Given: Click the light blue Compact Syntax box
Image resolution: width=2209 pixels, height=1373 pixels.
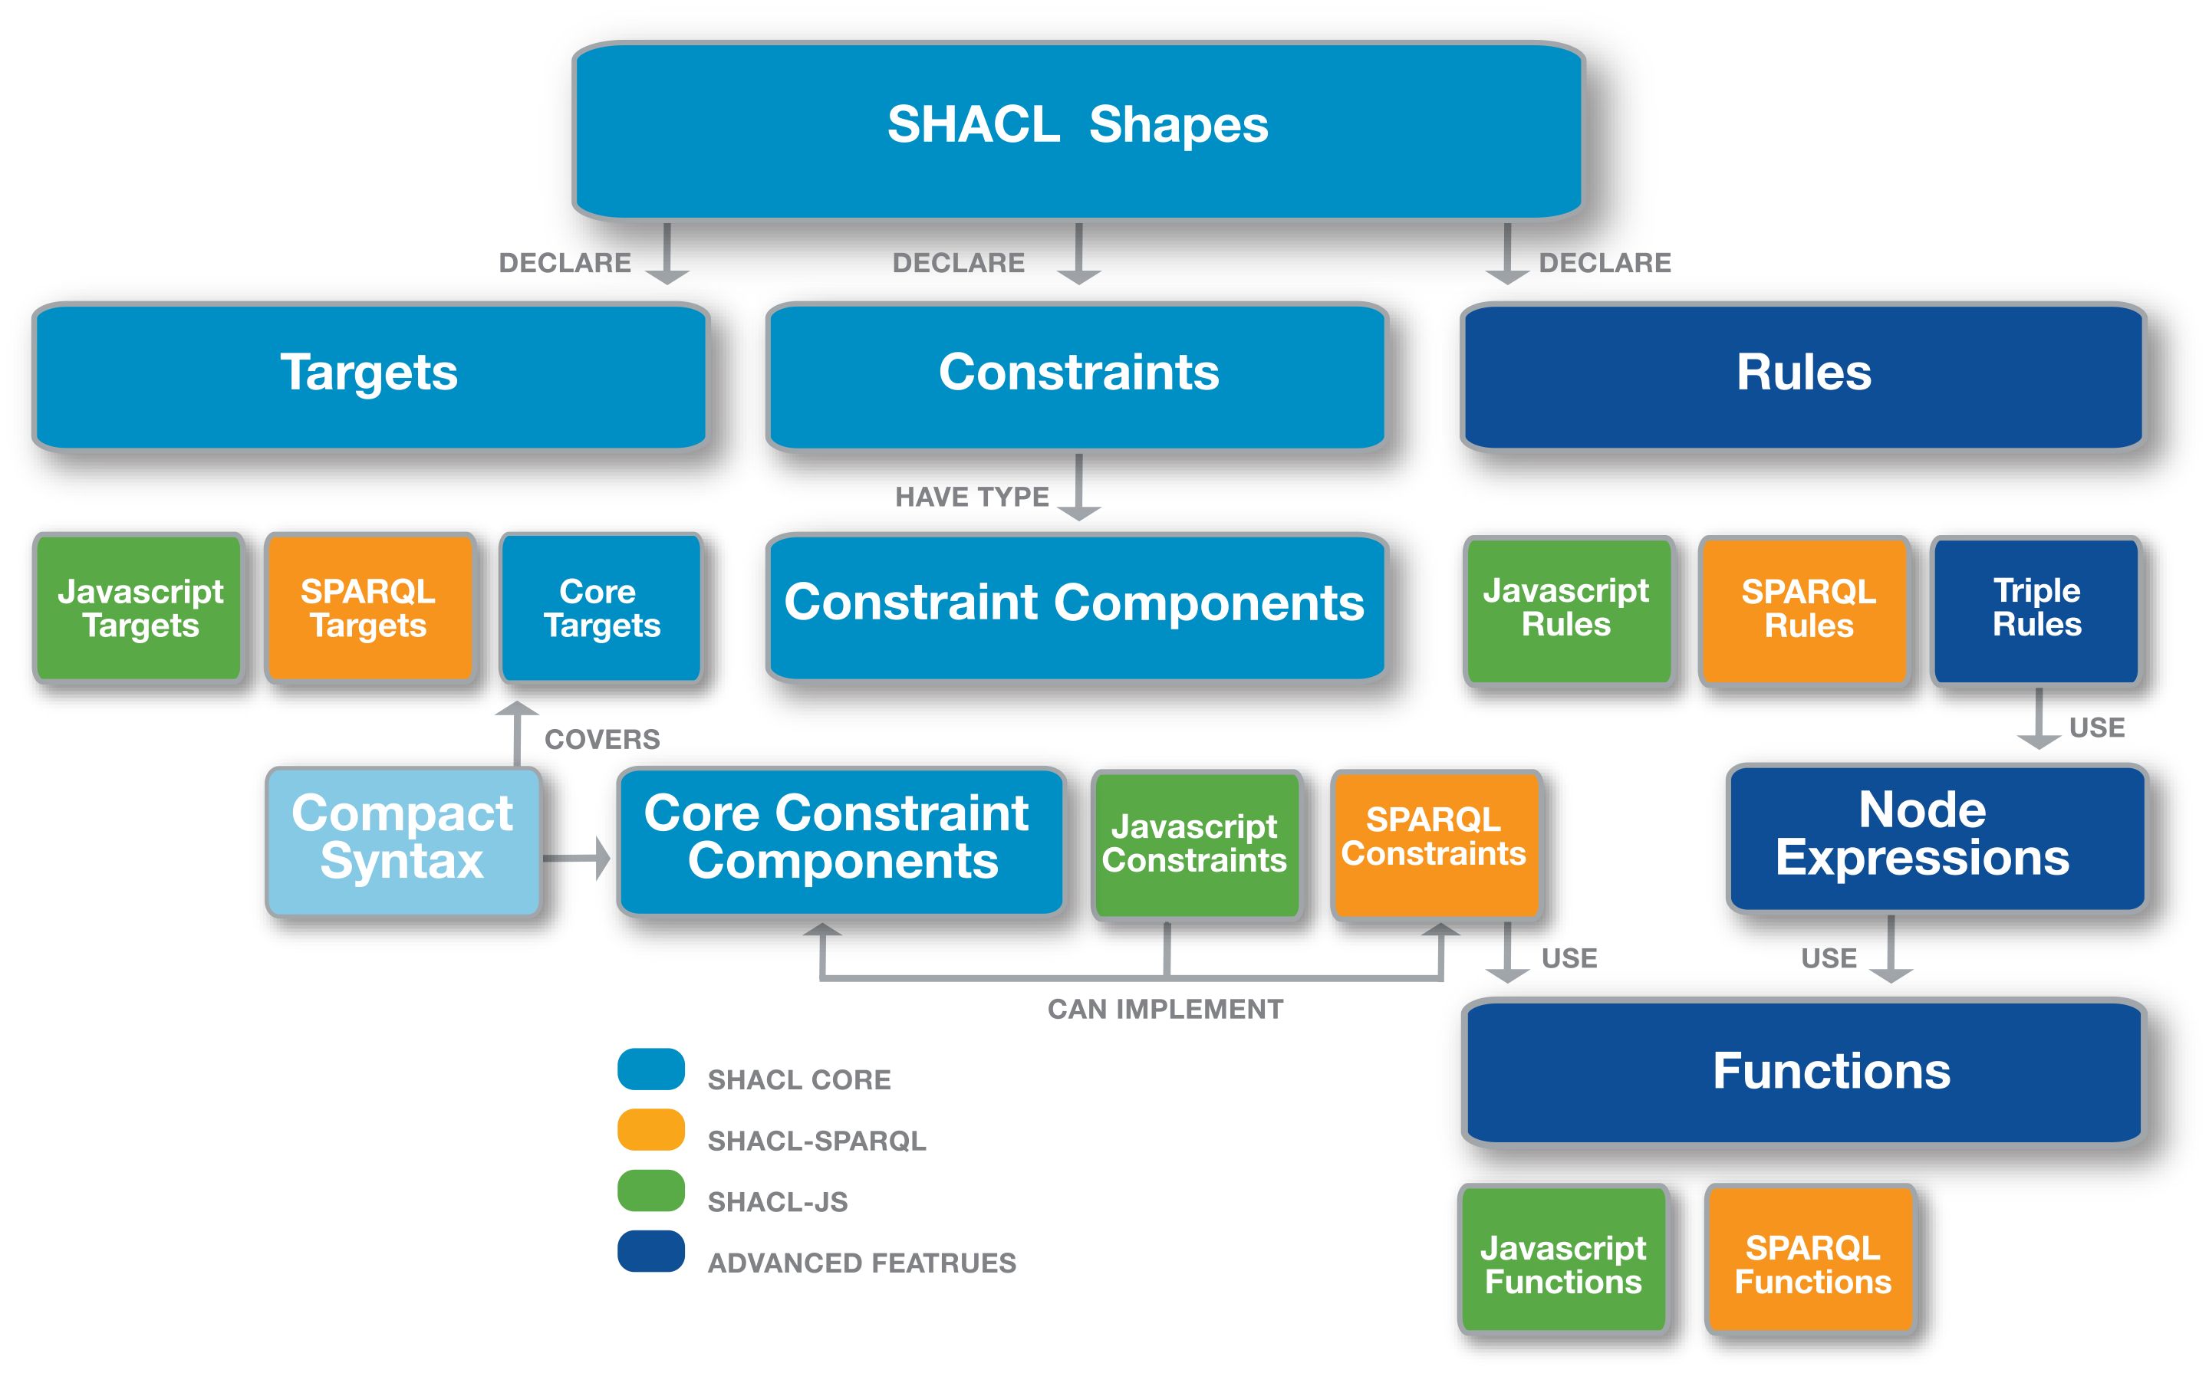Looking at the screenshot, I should click(403, 841).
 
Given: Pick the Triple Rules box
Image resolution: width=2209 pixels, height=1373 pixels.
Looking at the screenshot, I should click(2036, 609).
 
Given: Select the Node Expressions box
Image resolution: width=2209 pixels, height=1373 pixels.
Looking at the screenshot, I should click(1936, 837).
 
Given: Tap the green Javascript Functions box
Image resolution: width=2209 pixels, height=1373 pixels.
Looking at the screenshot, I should click(1562, 1259).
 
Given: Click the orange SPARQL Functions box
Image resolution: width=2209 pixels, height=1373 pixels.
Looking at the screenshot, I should click(1810, 1259).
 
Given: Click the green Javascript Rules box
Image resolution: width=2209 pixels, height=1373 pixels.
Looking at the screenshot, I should click(1568, 609).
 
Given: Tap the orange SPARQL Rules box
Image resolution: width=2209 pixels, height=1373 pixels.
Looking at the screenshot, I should click(1804, 609).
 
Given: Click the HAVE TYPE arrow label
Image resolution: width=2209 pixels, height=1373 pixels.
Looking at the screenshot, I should click(972, 497).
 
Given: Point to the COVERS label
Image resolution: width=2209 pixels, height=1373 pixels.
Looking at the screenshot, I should click(602, 739).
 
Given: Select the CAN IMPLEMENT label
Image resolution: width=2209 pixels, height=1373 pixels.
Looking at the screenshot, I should click(1165, 1009).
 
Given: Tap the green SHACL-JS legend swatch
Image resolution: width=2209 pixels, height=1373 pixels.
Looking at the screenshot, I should click(650, 1190).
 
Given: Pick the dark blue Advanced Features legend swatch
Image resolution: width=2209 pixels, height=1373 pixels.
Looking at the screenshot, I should click(650, 1250).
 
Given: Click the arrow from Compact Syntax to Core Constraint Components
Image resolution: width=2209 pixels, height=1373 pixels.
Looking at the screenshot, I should click(576, 857).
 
